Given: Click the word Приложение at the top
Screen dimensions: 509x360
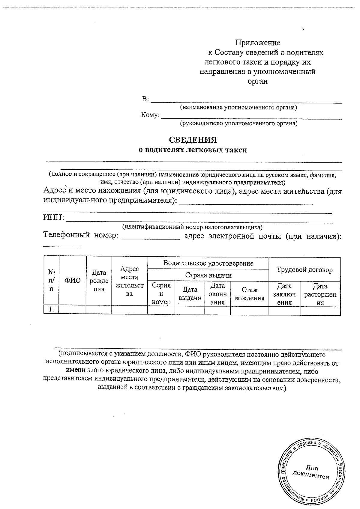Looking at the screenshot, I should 257,43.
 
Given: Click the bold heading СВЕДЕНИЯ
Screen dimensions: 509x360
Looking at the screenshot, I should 193,140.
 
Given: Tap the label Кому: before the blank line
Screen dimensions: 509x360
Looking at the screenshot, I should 150,115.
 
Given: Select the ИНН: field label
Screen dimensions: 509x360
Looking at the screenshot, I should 54,217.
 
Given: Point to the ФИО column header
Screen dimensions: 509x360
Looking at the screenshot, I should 73,281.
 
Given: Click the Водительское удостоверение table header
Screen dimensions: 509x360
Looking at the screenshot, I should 208,263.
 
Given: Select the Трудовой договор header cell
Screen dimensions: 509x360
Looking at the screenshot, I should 304,270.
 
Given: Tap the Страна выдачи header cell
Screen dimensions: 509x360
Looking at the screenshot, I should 208,275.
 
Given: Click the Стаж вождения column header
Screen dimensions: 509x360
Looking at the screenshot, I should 250,294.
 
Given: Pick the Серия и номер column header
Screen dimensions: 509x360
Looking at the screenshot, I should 161,294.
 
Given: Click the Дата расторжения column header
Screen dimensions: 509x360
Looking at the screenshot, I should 320,294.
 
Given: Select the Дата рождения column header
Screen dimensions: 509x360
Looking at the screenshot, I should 99,281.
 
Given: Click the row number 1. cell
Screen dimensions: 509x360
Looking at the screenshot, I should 51,310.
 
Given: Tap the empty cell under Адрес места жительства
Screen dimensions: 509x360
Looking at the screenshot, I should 129,310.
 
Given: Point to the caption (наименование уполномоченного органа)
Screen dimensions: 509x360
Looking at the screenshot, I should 238,107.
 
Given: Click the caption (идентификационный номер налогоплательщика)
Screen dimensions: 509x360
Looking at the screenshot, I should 192,227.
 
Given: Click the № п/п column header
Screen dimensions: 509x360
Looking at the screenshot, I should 51,281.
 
